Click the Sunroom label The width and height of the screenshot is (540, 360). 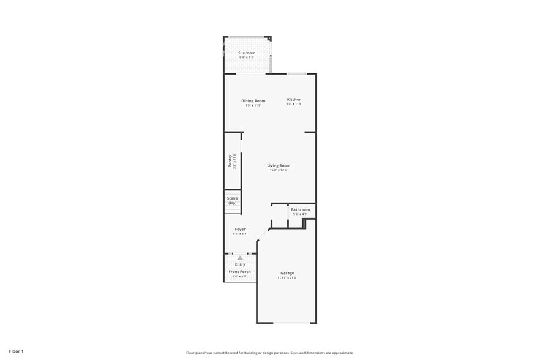247,53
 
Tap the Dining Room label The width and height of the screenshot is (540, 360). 253,100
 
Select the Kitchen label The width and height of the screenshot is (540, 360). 294,99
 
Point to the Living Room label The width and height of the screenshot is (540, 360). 279,165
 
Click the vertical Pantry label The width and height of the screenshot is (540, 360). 230,161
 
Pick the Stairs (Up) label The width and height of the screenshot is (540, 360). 232,200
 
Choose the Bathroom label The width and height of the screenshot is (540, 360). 300,209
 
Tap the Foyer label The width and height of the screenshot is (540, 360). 240,229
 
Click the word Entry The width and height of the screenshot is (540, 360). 240,264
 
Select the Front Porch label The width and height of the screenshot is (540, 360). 240,272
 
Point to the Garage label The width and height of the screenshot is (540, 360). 287,273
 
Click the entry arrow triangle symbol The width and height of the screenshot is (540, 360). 240,258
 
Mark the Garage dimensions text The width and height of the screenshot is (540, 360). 287,278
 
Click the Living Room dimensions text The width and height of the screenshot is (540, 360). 279,170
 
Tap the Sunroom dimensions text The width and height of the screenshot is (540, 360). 247,58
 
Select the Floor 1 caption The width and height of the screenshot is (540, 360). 16,351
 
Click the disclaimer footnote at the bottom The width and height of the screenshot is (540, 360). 269,353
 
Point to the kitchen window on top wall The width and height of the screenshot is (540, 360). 296,74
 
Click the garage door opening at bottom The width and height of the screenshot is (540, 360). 287,323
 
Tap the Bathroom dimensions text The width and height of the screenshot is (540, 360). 300,214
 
